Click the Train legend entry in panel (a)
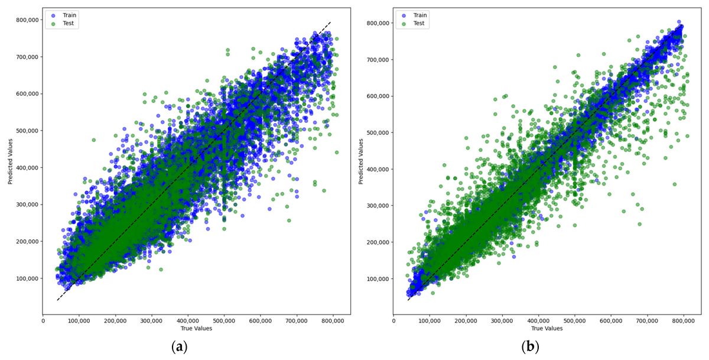pos(66,15)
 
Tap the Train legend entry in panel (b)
pos(417,15)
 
